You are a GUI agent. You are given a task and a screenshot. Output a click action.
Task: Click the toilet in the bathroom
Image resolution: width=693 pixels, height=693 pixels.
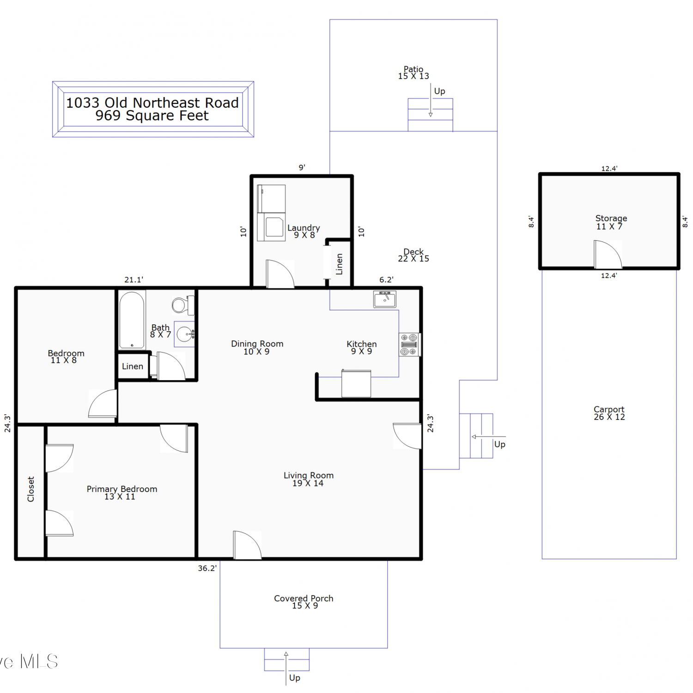coord(183,305)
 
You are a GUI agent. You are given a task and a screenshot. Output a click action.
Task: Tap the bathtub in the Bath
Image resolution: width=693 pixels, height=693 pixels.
coord(132,320)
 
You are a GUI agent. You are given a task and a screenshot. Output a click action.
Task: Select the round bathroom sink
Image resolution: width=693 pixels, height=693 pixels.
coord(185,334)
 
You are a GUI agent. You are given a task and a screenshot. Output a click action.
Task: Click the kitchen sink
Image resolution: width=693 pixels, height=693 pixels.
coord(385,299)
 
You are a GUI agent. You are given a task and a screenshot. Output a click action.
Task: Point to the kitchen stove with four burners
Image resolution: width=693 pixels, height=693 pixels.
coord(409,345)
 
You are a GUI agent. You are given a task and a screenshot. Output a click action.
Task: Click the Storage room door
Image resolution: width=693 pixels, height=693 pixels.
coord(608,254)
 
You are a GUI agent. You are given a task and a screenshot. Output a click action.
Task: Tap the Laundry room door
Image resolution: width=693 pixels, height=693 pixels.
coord(280,274)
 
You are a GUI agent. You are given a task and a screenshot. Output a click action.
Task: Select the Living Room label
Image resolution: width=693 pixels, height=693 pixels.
coord(308,479)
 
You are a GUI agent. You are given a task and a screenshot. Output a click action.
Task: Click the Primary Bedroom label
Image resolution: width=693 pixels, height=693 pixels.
coord(122,492)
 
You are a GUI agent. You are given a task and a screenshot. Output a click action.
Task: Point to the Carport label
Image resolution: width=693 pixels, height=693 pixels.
coord(609,413)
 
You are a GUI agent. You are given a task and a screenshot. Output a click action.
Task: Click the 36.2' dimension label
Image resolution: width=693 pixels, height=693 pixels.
coord(207,568)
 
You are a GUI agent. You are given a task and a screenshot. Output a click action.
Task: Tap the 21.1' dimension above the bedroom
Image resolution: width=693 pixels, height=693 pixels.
coord(134,280)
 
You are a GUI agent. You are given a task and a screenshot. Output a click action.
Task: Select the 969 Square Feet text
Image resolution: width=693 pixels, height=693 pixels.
coord(152,115)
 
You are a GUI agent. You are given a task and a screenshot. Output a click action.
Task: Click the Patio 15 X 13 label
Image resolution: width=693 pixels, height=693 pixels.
coord(413,73)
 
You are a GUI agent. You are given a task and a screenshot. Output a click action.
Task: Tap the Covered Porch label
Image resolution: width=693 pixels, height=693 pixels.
coord(304,602)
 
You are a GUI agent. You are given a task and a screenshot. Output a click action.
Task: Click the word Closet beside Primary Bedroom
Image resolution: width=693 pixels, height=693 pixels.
coord(31,489)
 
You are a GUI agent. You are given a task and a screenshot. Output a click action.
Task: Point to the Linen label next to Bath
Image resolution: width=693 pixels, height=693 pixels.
coord(133,366)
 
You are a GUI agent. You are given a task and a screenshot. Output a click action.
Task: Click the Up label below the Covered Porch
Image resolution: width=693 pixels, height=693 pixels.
coord(295,678)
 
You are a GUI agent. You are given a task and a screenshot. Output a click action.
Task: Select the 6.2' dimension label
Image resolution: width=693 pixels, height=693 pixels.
coord(386,280)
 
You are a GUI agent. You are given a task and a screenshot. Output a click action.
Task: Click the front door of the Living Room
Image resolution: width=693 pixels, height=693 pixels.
coord(247,545)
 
